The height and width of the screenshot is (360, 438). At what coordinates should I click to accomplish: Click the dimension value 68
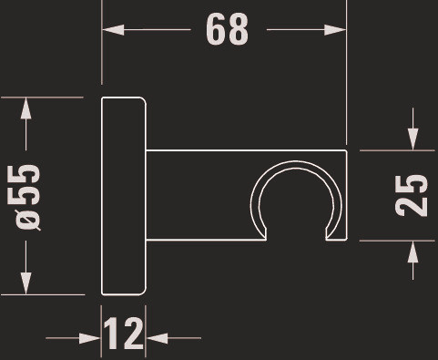pyautogui.click(x=227, y=29)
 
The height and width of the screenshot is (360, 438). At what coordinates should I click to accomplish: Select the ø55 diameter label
pyautogui.click(x=27, y=198)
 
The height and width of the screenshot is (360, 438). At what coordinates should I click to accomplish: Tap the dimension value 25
pyautogui.click(x=412, y=195)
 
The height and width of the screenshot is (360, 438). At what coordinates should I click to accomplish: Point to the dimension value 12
pyautogui.click(x=123, y=333)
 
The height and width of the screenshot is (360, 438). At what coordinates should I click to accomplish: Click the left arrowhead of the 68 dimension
pyautogui.click(x=113, y=30)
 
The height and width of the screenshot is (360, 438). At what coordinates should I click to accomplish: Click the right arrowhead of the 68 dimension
pyautogui.click(x=335, y=30)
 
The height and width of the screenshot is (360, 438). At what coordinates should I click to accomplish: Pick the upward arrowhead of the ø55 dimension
pyautogui.click(x=26, y=108)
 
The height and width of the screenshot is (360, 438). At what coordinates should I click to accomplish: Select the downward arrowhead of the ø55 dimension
pyautogui.click(x=26, y=283)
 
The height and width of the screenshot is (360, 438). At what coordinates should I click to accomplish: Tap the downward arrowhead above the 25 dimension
pyautogui.click(x=413, y=139)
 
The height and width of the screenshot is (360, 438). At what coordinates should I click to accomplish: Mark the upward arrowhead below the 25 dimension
pyautogui.click(x=413, y=252)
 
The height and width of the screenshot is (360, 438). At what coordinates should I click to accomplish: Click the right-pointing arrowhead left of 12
pyautogui.click(x=90, y=338)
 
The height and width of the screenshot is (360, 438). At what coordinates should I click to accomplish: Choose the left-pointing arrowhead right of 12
pyautogui.click(x=157, y=338)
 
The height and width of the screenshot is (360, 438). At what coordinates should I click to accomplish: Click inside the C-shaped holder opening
pyautogui.click(x=296, y=207)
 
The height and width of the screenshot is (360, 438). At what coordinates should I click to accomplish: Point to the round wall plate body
pyautogui.click(x=124, y=196)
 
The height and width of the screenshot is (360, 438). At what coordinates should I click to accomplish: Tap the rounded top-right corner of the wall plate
pyautogui.click(x=143, y=100)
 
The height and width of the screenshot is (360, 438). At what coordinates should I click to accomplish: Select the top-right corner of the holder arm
pyautogui.click(x=346, y=150)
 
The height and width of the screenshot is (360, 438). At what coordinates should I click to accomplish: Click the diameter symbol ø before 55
pyautogui.click(x=27, y=221)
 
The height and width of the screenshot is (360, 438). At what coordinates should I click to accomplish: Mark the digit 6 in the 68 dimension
pyautogui.click(x=216, y=29)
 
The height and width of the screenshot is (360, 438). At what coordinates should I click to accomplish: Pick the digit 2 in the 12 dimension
pyautogui.click(x=133, y=333)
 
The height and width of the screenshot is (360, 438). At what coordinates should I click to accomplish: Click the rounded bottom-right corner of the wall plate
pyautogui.click(x=143, y=292)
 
